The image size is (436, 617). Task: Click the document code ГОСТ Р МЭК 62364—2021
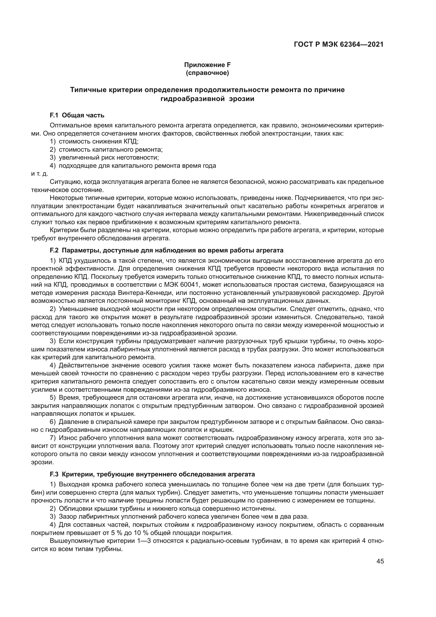click(x=338, y=45)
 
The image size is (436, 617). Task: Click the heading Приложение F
click(x=207, y=65)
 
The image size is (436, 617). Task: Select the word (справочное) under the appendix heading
click(x=207, y=73)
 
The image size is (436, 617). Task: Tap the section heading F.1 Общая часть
click(x=77, y=115)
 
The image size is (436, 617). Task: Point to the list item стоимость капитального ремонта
click(x=111, y=149)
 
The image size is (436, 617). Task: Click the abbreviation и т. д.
click(x=40, y=174)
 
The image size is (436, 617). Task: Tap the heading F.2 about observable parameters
click(x=166, y=250)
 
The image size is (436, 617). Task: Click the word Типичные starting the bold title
click(x=88, y=90)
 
